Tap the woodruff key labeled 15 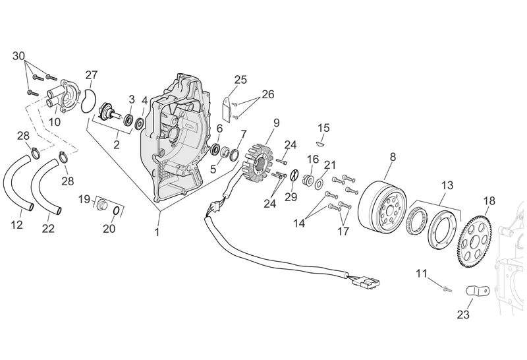click(x=320, y=141)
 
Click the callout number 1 click(x=157, y=232)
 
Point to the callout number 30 click(x=18, y=55)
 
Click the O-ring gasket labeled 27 click(x=87, y=102)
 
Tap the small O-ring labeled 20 click(x=116, y=211)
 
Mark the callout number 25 click(x=240, y=80)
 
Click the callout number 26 click(x=267, y=94)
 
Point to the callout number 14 click(x=300, y=224)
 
